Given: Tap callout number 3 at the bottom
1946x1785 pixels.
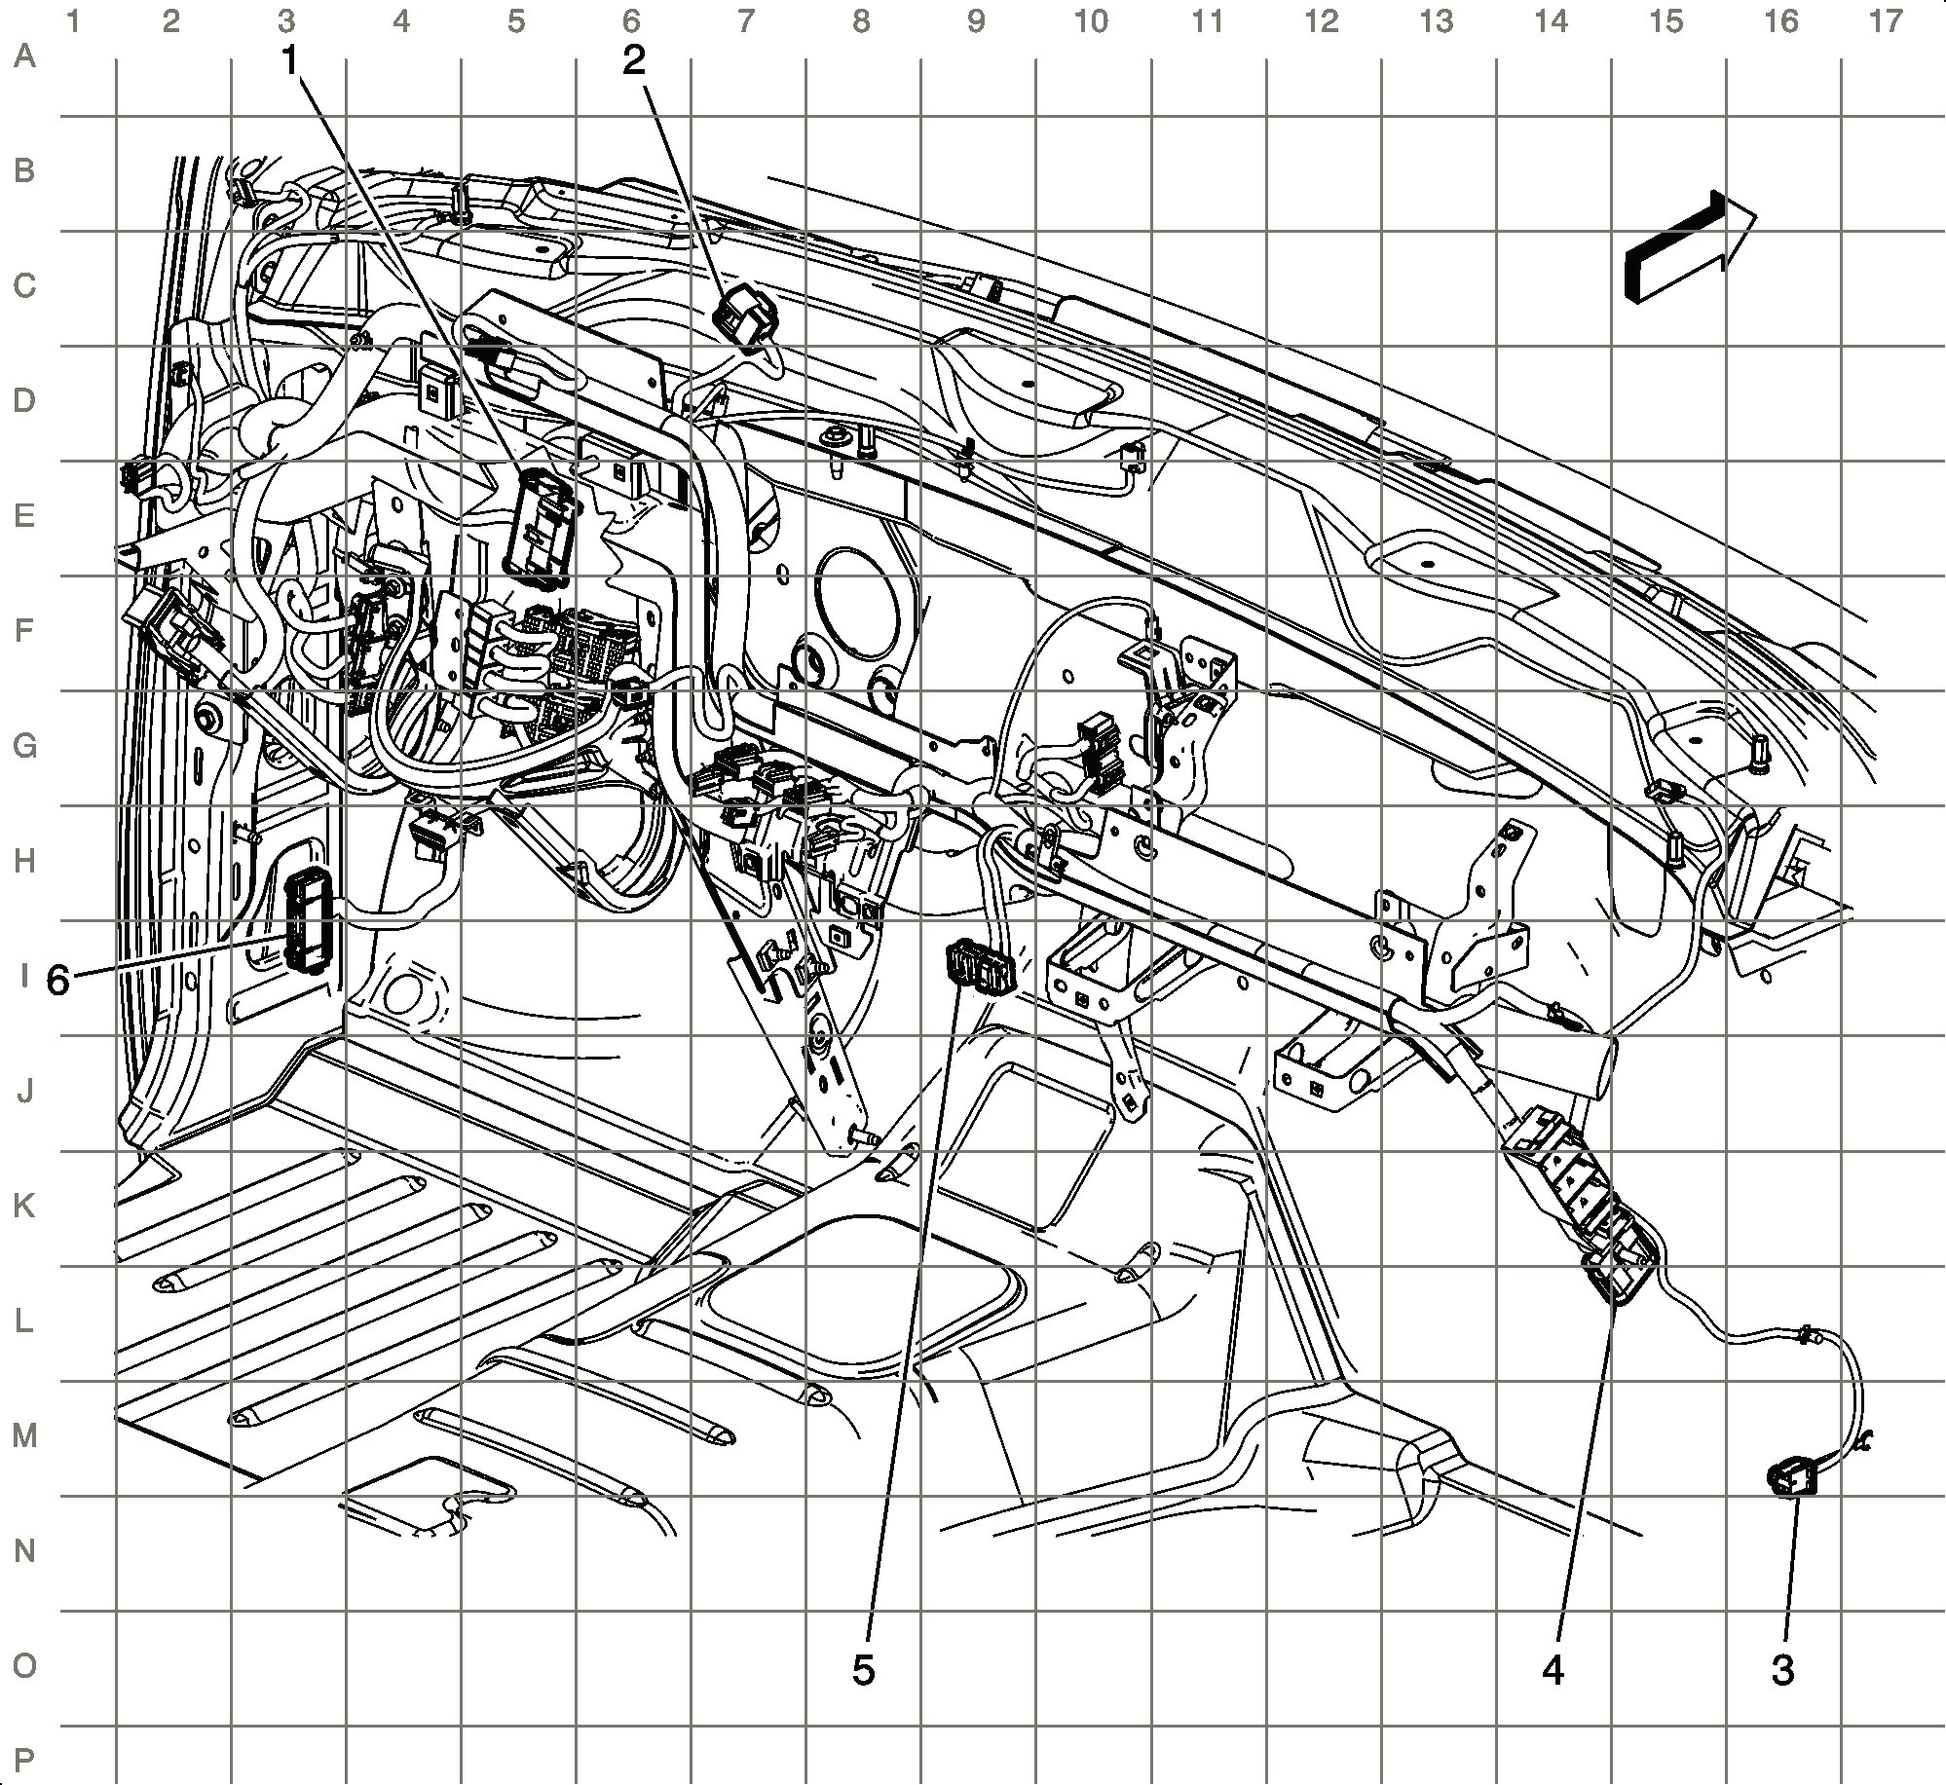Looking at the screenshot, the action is coord(1781,1670).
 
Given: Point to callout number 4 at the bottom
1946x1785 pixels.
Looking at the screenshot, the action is coord(1553,1670).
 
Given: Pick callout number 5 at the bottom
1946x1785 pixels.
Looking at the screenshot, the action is coord(863,1670).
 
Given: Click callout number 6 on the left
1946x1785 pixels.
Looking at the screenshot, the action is coord(57,981).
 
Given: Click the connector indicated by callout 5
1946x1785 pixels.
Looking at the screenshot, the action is coord(978,967).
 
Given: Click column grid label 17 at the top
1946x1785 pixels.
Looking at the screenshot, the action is coord(1886,20).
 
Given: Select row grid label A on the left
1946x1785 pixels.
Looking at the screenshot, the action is coord(24,56).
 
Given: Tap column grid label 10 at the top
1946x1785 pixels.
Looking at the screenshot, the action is coord(1092,20).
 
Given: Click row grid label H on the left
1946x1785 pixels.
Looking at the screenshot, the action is coord(24,861).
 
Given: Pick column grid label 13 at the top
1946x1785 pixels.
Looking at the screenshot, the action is coord(1437,20).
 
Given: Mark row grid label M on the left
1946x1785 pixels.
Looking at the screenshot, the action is coord(24,1435).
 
